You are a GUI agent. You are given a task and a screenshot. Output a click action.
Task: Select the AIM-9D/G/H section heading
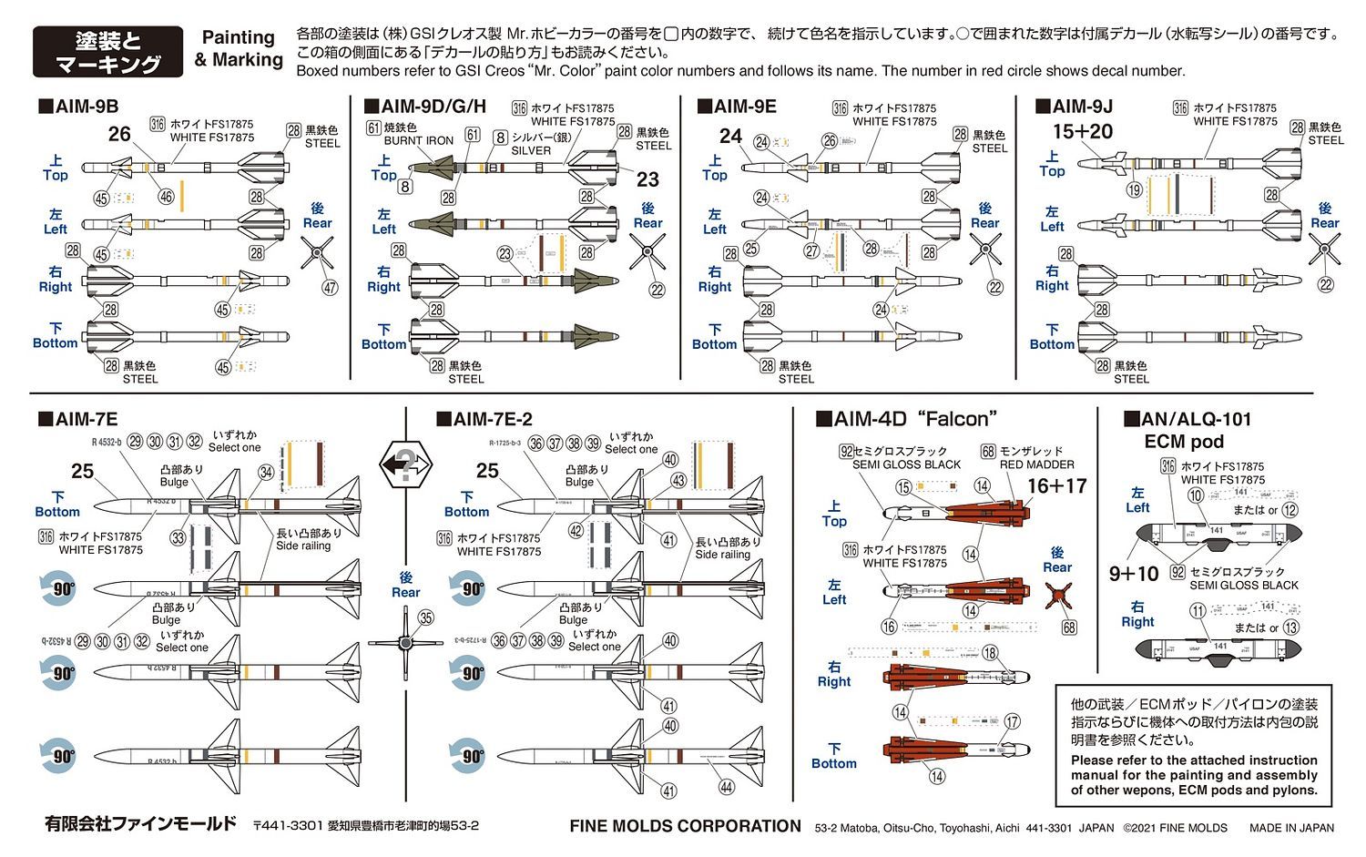[x=425, y=107]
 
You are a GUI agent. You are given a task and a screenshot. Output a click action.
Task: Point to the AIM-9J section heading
[x=1075, y=107]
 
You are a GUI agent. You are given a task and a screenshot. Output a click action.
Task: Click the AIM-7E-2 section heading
[x=484, y=419]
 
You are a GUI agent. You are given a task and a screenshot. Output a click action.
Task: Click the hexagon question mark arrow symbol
[x=404, y=464]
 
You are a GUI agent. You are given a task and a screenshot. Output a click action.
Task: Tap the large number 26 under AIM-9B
[x=119, y=134]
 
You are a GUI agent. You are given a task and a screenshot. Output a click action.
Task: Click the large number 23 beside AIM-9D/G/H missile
[x=647, y=179]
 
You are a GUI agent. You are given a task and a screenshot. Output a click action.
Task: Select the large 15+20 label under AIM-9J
[x=1082, y=132]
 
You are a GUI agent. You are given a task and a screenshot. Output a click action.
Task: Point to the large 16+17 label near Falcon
[x=1056, y=486]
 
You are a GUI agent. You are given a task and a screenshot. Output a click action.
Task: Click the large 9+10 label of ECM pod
[x=1133, y=574]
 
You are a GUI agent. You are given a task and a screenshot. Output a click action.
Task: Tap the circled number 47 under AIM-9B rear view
[x=330, y=288]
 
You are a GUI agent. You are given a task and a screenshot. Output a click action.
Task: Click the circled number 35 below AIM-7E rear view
[x=425, y=617]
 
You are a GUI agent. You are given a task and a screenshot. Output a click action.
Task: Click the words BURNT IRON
[x=418, y=141]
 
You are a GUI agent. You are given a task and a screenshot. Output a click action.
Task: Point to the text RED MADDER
[x=1036, y=464]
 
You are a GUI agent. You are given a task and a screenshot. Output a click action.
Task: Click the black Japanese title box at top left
[x=107, y=52]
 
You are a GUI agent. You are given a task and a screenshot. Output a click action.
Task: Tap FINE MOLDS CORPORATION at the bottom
[x=685, y=826]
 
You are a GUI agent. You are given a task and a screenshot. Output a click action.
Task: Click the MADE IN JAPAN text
[x=1291, y=828]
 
